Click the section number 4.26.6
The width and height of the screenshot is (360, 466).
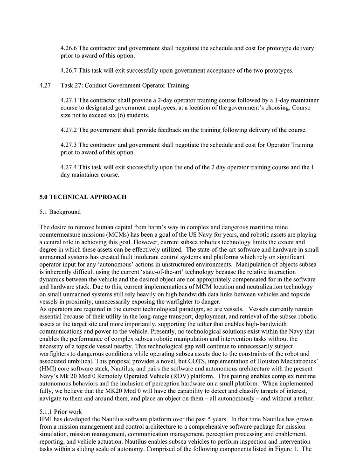click(x=69, y=48)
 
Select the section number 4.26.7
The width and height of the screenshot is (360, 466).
click(x=69, y=71)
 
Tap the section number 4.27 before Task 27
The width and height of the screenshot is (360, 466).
click(x=45, y=85)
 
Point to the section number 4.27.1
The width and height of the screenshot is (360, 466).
click(x=69, y=100)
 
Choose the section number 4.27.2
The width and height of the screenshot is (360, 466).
click(x=69, y=130)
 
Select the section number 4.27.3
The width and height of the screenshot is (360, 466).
click(x=69, y=145)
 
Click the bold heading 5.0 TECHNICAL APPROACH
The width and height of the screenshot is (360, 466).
click(x=83, y=197)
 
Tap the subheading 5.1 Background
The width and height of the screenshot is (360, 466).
click(x=60, y=212)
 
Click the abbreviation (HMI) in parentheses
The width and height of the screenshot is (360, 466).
click(x=50, y=361)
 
